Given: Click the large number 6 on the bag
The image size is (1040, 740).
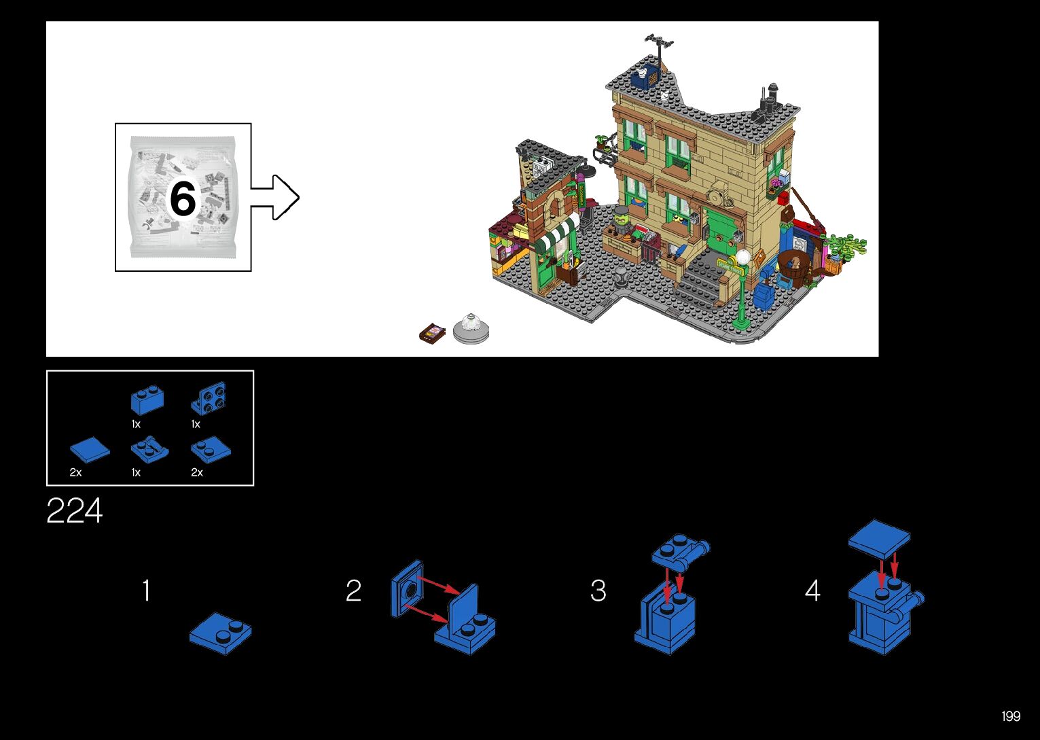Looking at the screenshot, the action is point(182,198).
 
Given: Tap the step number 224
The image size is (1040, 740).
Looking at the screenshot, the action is point(74,511).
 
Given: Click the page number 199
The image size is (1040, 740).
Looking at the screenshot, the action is point(1011,716).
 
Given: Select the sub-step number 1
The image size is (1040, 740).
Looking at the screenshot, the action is point(146,591).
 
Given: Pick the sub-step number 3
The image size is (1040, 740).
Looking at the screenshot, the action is point(598,591).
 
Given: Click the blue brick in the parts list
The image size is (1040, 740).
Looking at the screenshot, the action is point(147,400).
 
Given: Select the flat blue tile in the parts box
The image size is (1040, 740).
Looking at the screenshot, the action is point(90,449).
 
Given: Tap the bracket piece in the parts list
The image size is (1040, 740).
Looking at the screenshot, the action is point(209,398).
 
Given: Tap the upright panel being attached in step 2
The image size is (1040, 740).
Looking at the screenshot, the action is point(407,588).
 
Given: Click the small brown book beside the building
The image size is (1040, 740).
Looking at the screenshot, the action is point(433,333).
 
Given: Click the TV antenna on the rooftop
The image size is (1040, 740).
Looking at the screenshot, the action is point(658,43).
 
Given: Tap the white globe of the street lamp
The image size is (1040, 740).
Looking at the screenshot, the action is point(743,258).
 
